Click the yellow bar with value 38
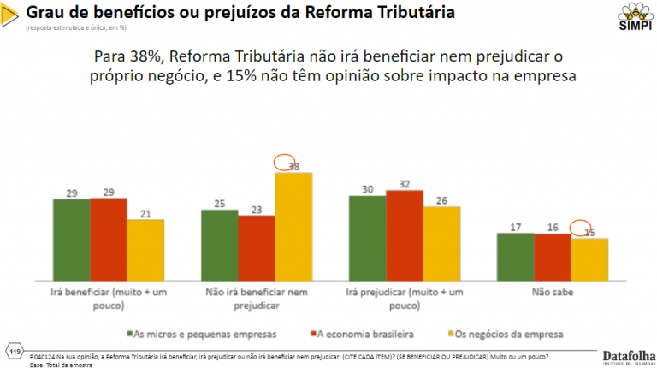293,227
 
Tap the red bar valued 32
405,235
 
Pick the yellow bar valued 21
145,250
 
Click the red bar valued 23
256,248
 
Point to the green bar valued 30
367,238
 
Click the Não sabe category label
552,292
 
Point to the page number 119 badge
15,353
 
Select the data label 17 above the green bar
515,227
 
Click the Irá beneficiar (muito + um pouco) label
109,297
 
